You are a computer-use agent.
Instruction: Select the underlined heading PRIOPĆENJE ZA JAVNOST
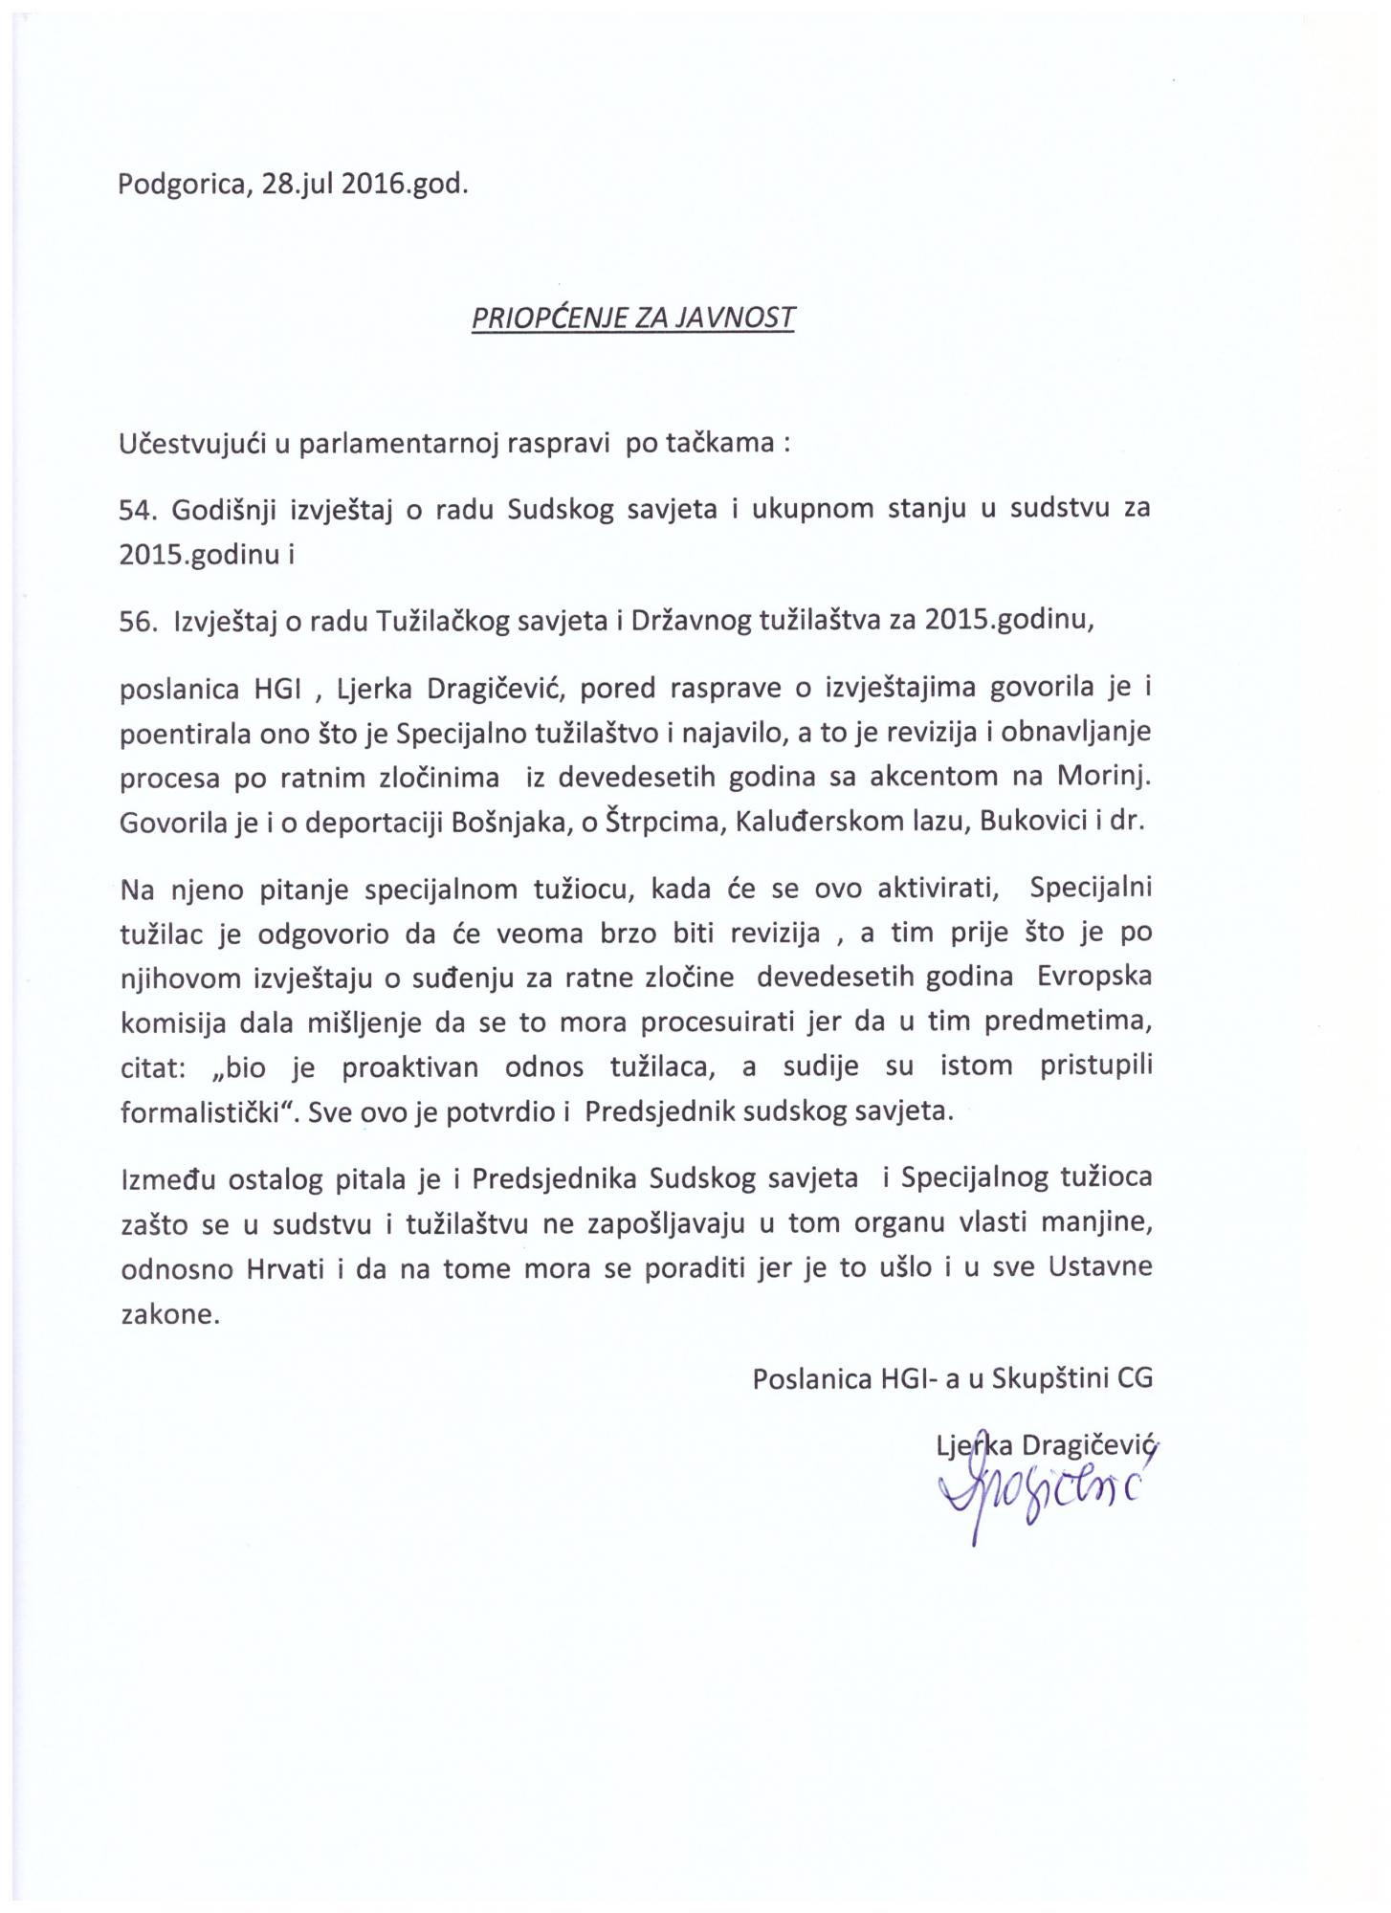(632, 318)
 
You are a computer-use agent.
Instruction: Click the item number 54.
(137, 509)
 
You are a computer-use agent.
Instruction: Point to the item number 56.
(137, 623)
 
